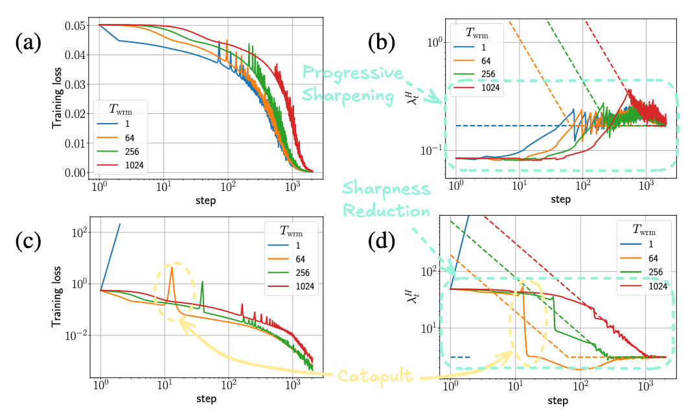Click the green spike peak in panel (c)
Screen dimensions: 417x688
tap(203, 282)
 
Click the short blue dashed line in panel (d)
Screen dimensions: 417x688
tap(459, 357)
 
